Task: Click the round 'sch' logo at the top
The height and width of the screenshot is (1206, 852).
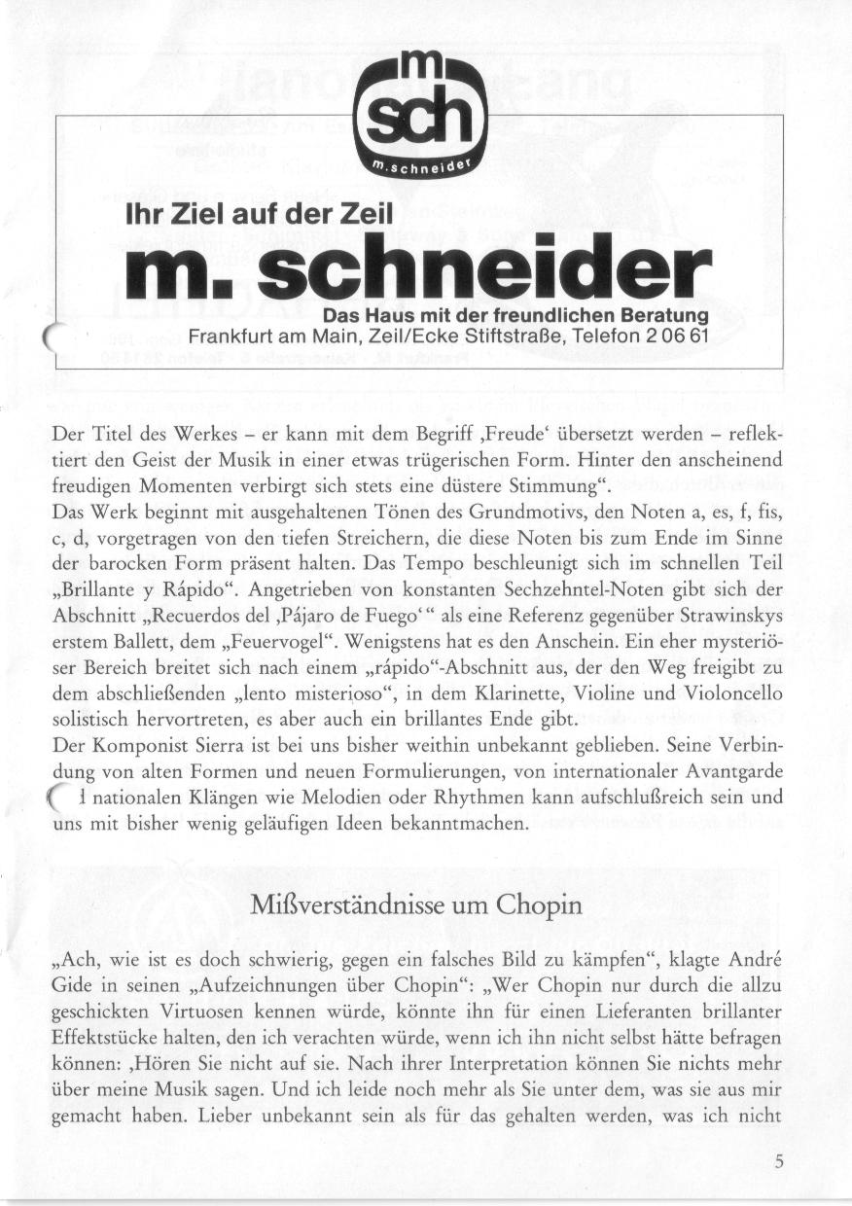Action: [420, 120]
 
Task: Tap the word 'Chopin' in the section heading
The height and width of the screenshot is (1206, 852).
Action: [538, 904]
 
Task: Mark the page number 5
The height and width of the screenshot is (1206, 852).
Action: [779, 1160]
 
